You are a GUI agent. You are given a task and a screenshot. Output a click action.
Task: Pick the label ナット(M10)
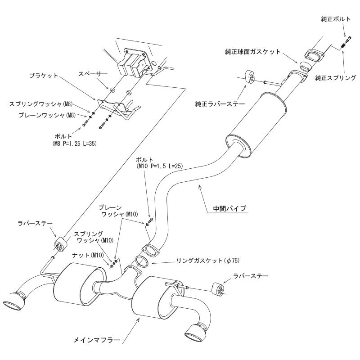click(x=91, y=255)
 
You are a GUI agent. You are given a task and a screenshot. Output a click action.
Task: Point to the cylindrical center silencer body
click(x=257, y=126)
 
